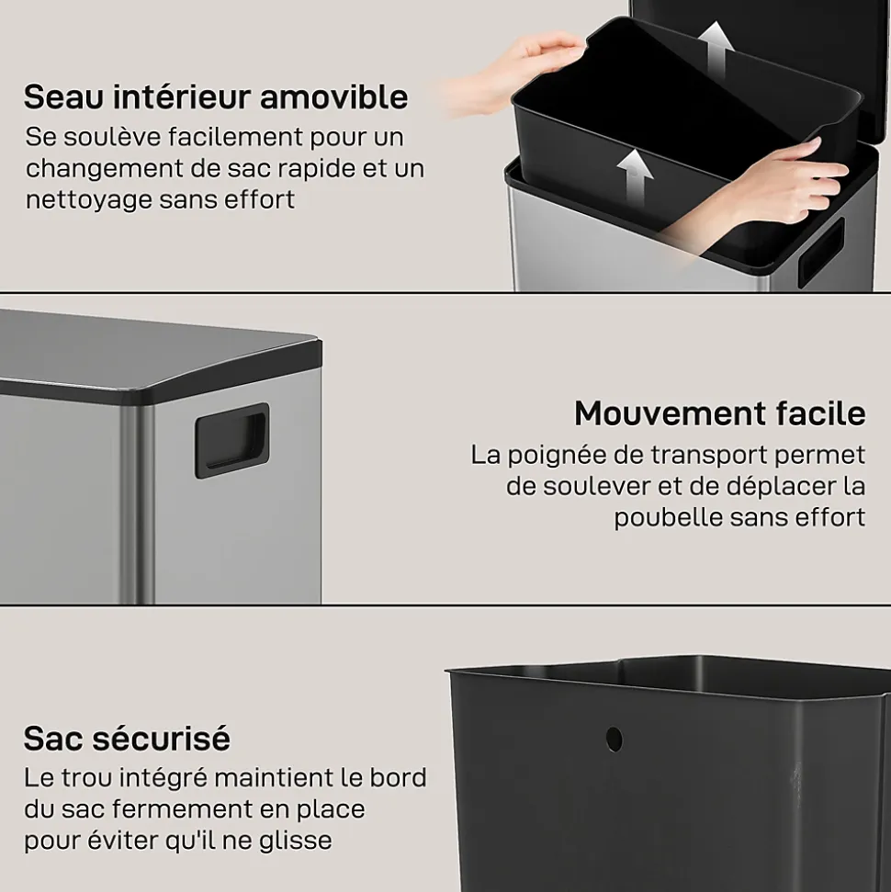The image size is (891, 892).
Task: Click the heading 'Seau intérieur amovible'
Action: point(216,96)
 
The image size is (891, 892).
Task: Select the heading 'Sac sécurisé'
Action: point(127,739)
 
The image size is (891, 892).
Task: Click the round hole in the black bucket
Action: point(614,739)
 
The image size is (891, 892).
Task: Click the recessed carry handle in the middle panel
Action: point(231,440)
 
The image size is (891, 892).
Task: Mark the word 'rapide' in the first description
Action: point(317,168)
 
